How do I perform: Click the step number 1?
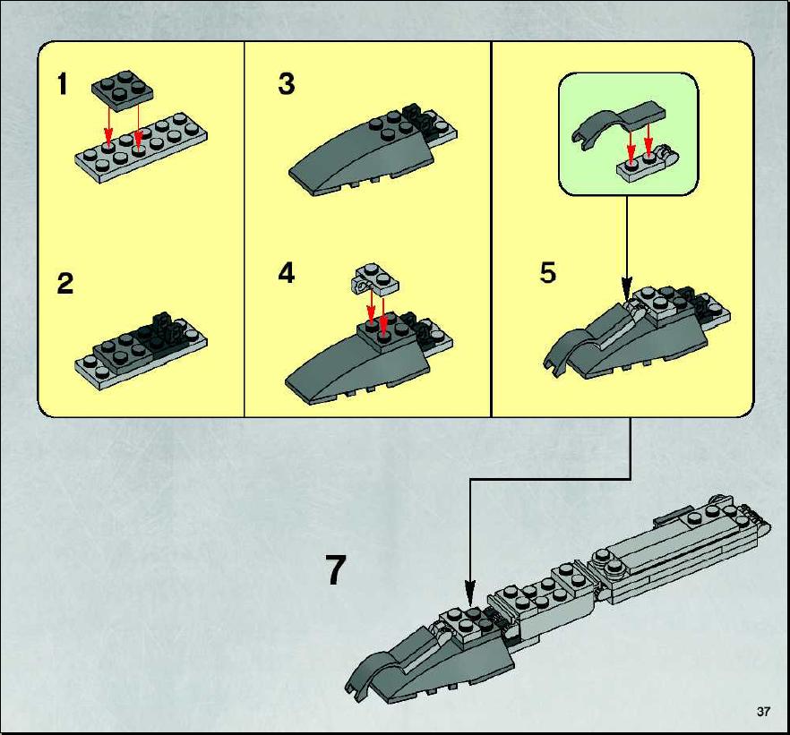[x=62, y=84]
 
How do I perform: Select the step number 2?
[x=65, y=284]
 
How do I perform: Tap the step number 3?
[x=287, y=84]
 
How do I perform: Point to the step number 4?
[x=287, y=273]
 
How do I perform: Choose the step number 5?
[x=547, y=273]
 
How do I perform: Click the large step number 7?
[x=335, y=570]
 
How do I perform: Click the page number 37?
[x=763, y=712]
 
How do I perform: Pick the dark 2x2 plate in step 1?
[x=123, y=90]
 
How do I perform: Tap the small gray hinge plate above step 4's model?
[x=374, y=280]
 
